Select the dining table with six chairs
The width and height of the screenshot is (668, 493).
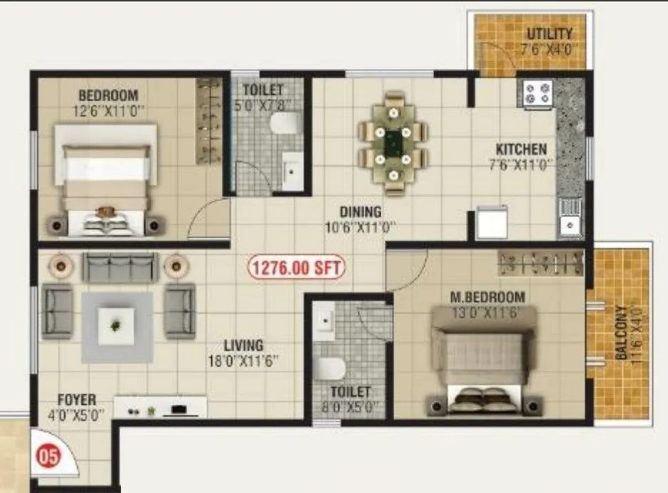392,142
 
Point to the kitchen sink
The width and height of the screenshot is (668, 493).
570,217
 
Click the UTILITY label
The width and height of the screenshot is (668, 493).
548,34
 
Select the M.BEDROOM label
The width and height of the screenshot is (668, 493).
487,297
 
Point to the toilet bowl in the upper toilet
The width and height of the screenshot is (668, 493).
284,124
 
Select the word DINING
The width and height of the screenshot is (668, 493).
360,212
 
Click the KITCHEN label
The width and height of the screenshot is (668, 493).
521,149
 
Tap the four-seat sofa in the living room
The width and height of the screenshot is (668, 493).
119,267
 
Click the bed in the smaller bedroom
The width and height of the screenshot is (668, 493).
107,178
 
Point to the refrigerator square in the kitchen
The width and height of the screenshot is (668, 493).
492,223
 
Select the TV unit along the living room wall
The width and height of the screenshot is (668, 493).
160,408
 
